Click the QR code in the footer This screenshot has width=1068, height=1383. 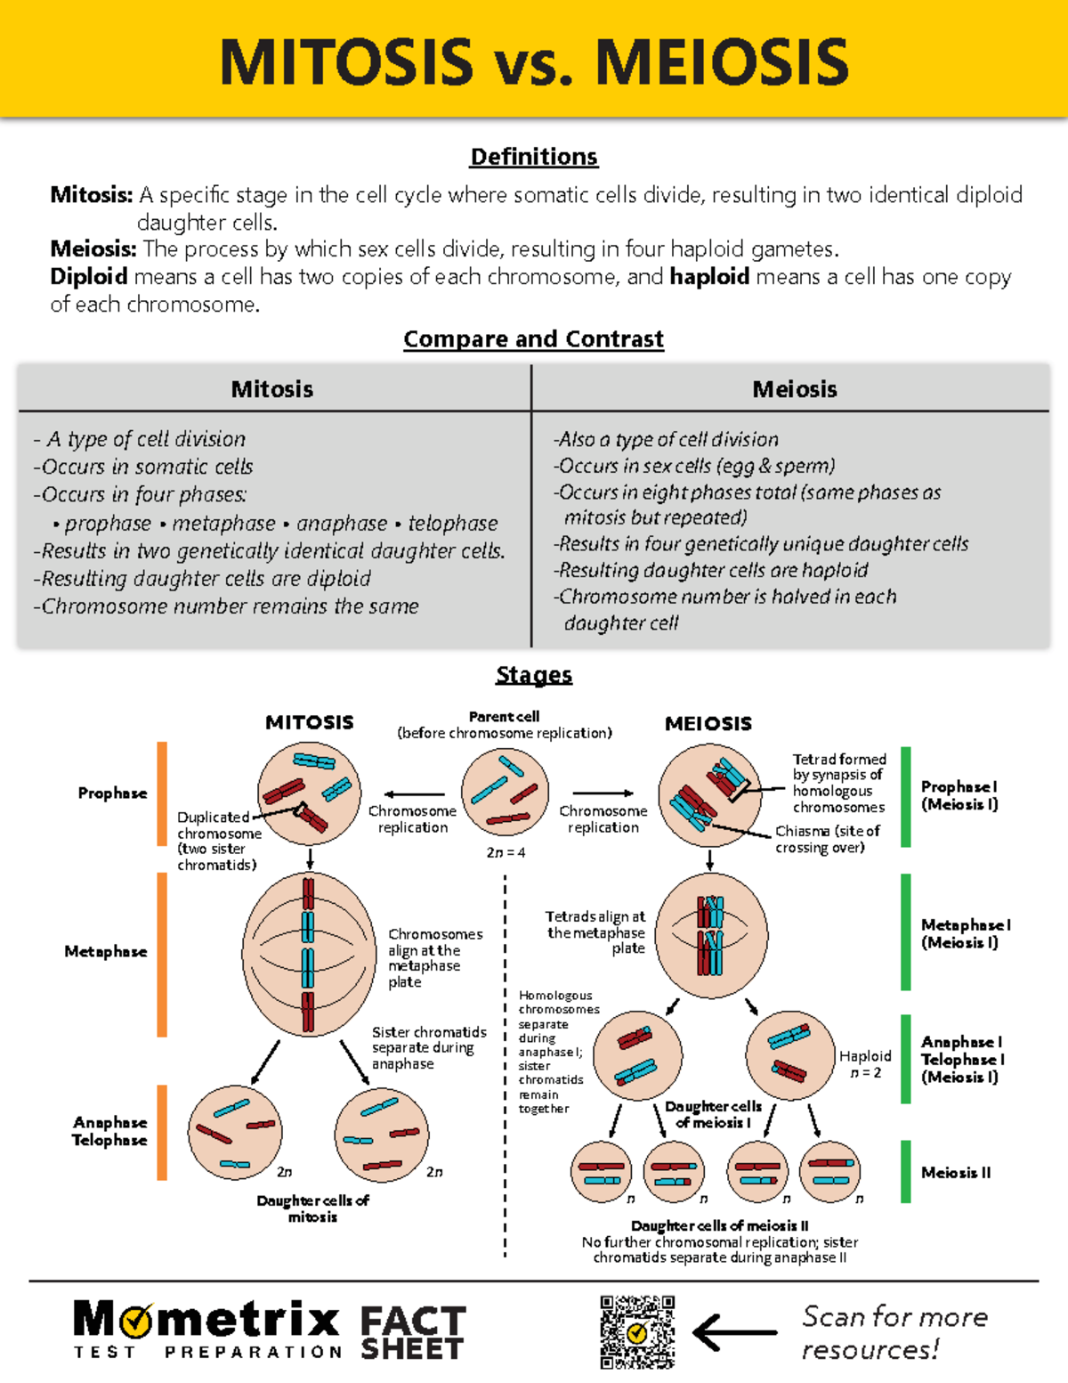(637, 1332)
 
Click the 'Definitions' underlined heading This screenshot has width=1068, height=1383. (534, 157)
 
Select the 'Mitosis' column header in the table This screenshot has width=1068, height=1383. (272, 389)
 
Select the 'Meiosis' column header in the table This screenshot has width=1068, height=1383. (795, 389)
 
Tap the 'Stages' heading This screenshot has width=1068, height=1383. (534, 675)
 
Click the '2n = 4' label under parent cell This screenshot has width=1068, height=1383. (506, 852)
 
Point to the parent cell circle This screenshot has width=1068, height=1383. (505, 792)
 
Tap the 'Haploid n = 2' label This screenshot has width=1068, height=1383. (865, 1064)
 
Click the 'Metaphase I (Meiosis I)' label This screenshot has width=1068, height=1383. (965, 933)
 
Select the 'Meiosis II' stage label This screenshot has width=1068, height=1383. (956, 1173)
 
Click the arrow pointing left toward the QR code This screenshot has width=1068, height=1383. (734, 1333)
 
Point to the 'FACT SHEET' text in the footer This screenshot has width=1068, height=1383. (412, 1333)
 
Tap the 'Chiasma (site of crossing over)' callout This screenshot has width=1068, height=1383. (827, 839)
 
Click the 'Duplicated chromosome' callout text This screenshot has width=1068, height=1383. (219, 840)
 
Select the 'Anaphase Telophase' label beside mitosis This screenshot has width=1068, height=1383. (109, 1131)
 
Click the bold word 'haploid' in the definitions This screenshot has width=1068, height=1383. (709, 277)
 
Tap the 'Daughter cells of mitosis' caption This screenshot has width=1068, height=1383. (312, 1208)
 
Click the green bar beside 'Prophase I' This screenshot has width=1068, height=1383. (906, 796)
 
